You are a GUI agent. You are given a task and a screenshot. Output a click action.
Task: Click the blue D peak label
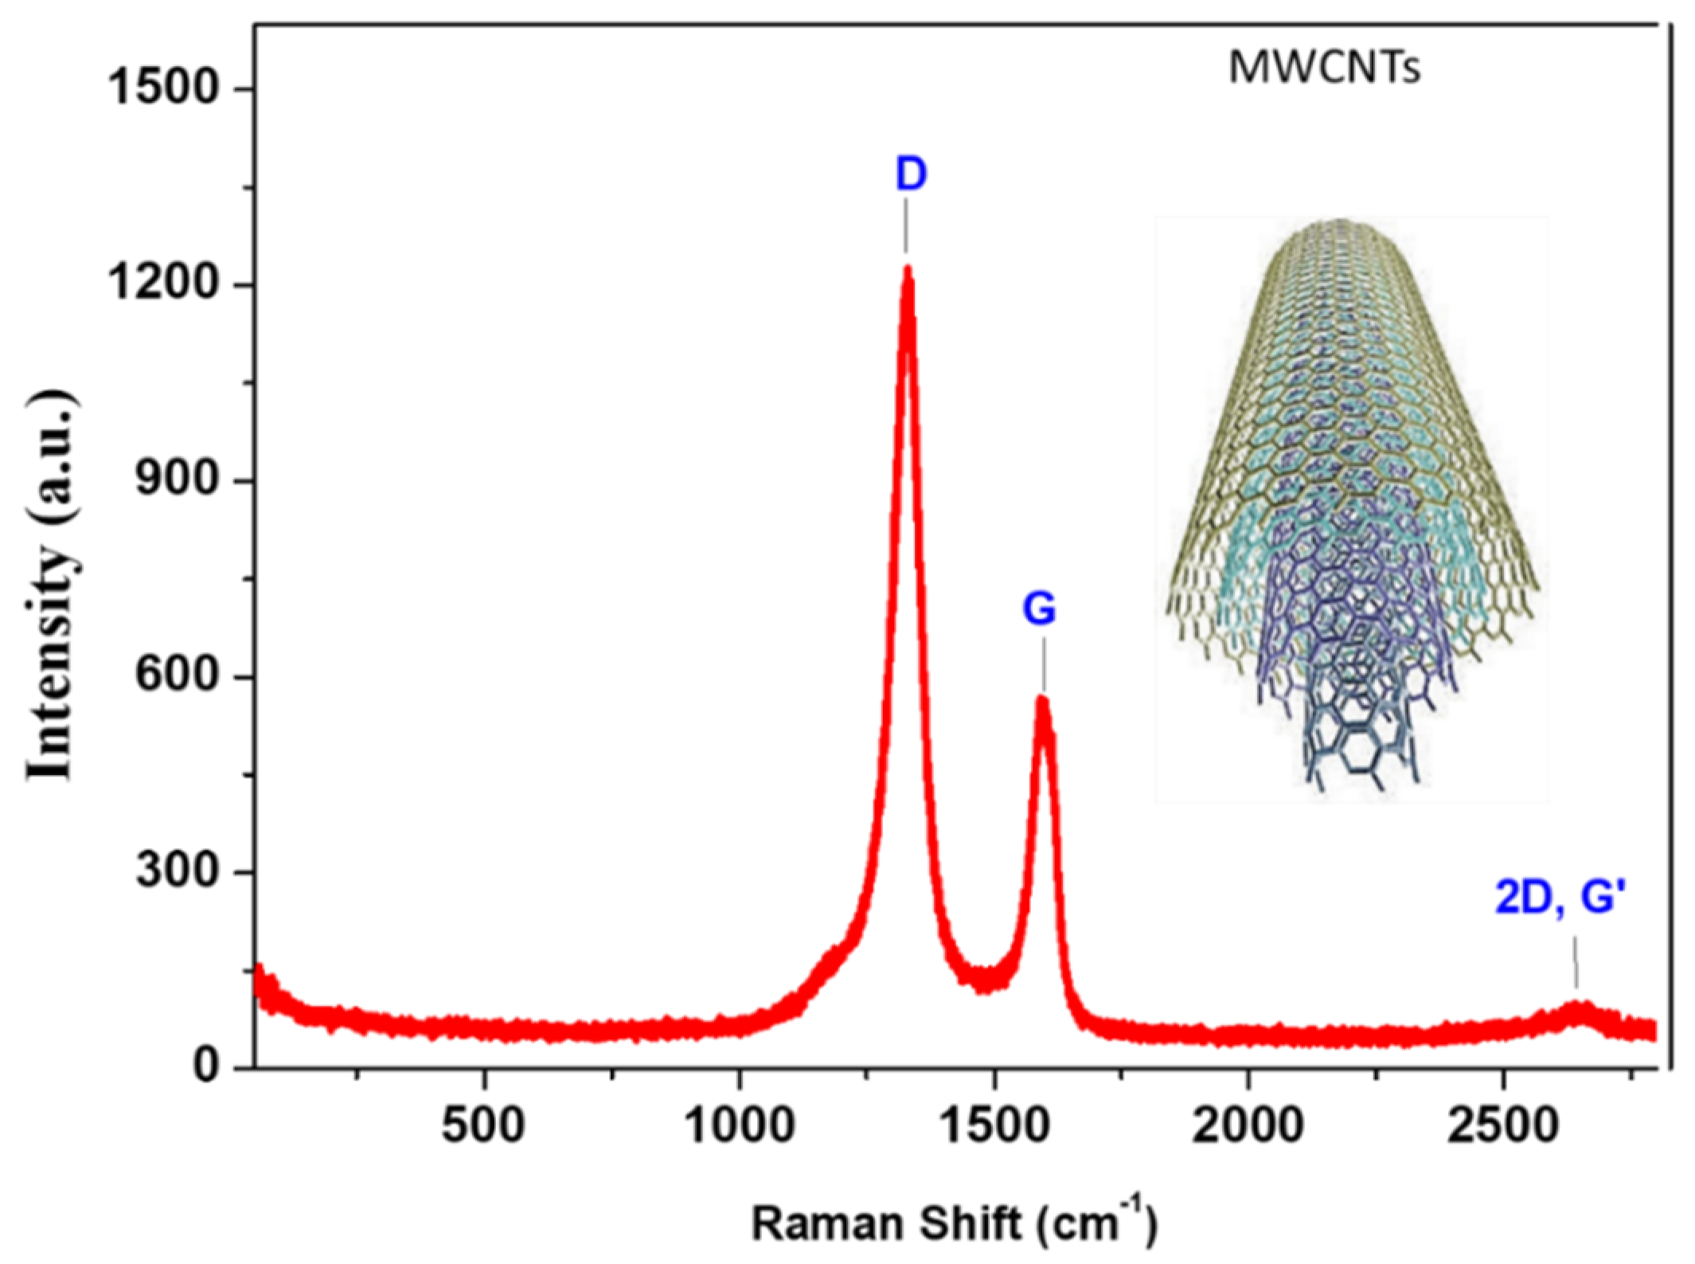tap(911, 174)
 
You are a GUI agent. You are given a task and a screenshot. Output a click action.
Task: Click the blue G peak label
tap(1039, 610)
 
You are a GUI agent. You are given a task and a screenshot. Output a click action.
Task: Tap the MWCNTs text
tap(1324, 68)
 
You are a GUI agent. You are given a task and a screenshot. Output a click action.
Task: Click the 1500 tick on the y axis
tap(163, 88)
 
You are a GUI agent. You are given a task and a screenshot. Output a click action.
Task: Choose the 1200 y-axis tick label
tap(163, 284)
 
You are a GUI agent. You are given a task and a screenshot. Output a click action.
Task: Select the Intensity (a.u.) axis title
tap(53, 585)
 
